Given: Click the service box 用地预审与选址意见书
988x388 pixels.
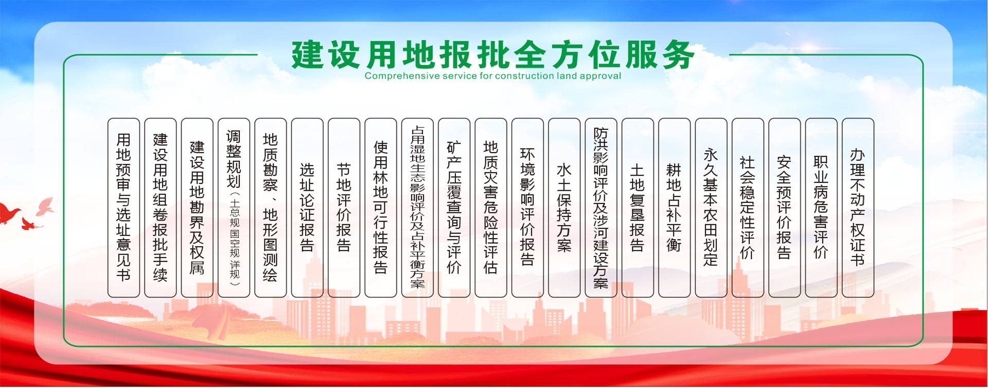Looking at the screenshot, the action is [123, 208].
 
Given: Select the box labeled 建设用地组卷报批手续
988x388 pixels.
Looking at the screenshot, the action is [161, 208].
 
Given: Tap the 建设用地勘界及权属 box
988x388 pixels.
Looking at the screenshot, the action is [197, 208].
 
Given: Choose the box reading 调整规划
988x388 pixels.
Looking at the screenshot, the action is [234, 208].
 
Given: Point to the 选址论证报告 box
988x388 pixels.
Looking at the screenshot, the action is [307, 208].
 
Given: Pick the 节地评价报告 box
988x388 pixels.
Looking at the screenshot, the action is [344, 208].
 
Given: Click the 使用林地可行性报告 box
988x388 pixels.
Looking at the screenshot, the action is [381, 208].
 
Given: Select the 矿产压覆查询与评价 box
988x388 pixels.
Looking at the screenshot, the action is [454, 208].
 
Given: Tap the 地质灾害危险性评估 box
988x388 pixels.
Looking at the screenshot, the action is [491, 208].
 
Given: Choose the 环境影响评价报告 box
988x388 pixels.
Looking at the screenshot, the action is [527, 208].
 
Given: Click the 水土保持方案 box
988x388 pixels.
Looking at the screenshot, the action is [564, 208].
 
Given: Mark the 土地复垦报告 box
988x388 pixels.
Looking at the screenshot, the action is [638, 208].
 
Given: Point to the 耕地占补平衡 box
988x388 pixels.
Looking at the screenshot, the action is [674, 208].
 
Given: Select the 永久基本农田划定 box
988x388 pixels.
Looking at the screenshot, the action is [711, 208].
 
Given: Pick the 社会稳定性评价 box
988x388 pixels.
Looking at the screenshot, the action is [748, 208].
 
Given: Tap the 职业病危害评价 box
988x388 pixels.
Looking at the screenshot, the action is [821, 208].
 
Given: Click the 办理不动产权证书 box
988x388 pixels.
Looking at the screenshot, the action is [858, 208].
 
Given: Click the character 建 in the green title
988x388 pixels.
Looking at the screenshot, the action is [308, 55].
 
